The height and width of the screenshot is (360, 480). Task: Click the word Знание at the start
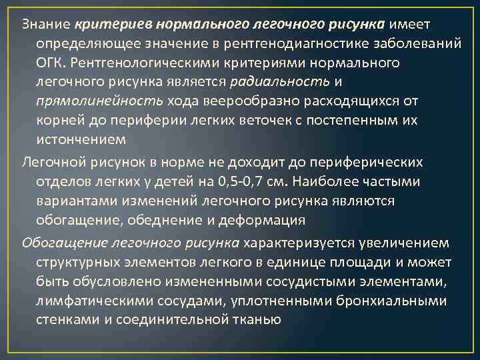(45, 25)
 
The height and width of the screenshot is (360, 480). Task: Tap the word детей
(172, 182)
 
